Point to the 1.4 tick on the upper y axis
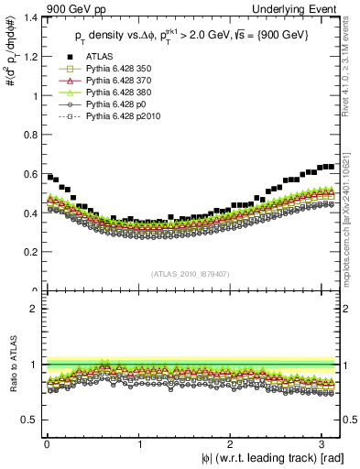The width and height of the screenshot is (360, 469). coord(39,17)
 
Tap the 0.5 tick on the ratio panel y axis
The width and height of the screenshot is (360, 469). coord(39,420)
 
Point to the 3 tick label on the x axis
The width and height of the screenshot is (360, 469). coord(322,442)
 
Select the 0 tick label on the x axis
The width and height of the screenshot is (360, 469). coord(47,442)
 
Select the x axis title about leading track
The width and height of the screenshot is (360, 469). coord(261,457)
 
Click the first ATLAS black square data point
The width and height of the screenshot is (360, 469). coord(49,177)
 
